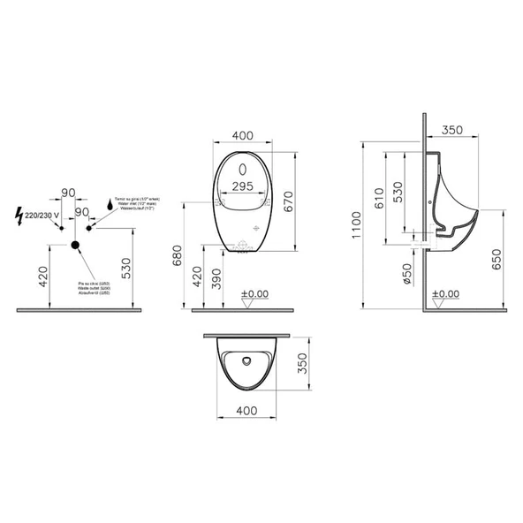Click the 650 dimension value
[496, 258]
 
